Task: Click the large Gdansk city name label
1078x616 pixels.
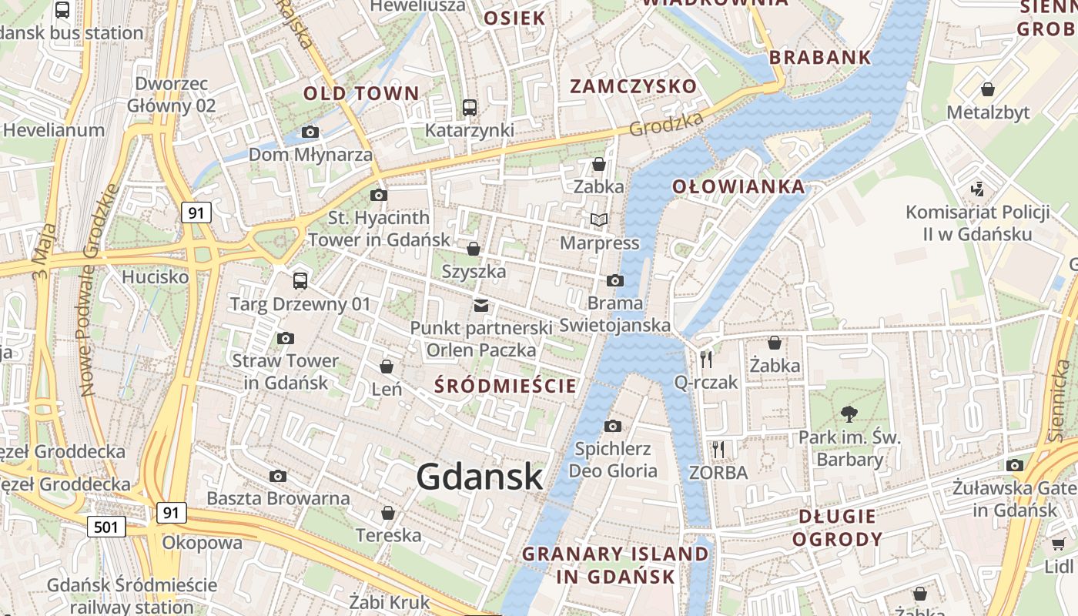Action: [480, 477]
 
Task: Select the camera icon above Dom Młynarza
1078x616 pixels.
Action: [310, 132]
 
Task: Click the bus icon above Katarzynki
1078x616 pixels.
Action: [469, 107]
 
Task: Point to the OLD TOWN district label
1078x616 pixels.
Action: [361, 94]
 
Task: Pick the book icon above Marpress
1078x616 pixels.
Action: [599, 220]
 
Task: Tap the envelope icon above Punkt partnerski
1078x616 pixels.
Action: [481, 306]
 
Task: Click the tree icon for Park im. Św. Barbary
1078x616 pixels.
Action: [849, 414]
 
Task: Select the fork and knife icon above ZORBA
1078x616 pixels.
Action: [718, 449]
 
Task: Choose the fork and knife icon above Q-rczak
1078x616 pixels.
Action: [705, 359]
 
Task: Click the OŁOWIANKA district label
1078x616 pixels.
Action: [738, 186]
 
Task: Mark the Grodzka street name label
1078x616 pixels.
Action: [667, 123]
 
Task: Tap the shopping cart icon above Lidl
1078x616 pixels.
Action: [1059, 544]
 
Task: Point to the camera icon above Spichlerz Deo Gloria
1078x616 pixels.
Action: [613, 426]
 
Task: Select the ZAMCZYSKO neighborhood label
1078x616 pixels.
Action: [633, 86]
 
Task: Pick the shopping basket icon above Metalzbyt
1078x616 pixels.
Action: [988, 89]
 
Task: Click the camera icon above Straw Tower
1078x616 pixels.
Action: [286, 338]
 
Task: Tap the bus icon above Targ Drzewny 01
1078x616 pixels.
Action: [300, 281]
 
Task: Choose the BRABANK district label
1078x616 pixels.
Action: [820, 57]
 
